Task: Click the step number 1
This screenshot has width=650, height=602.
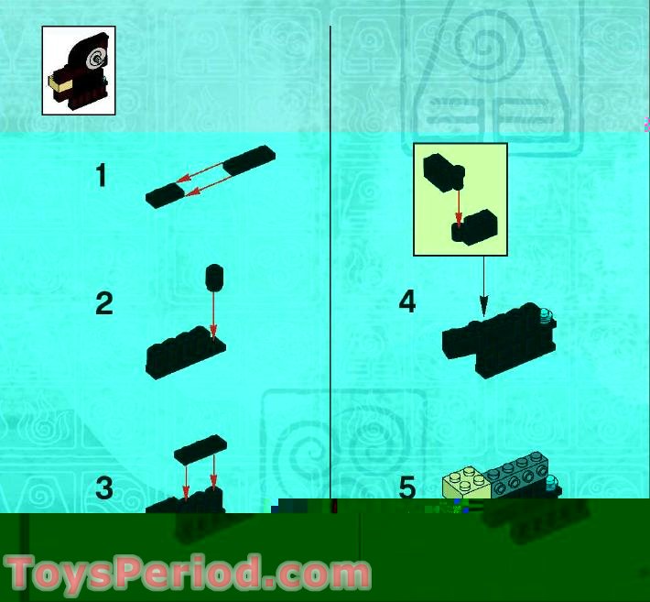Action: tap(102, 175)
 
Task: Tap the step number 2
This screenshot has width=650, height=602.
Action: tap(104, 303)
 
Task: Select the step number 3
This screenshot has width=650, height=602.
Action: tap(104, 487)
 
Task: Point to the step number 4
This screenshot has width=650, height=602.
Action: tap(407, 301)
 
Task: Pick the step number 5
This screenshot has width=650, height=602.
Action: tap(407, 487)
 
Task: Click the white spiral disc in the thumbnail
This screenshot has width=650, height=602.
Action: tap(96, 59)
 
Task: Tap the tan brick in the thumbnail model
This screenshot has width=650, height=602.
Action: tap(60, 83)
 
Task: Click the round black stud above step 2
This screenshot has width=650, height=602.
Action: tap(214, 277)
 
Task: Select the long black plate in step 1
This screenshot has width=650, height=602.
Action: tap(249, 160)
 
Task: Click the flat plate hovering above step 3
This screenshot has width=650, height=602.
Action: tap(200, 449)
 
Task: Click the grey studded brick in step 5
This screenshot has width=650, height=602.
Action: tap(518, 475)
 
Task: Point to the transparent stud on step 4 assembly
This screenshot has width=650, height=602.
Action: tap(547, 316)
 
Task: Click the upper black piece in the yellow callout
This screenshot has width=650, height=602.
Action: tap(443, 172)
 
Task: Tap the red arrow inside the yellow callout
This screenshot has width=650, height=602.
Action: tap(459, 206)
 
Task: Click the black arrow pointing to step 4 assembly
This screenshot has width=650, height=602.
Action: tap(483, 286)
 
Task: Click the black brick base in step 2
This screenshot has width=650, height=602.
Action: tap(186, 352)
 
